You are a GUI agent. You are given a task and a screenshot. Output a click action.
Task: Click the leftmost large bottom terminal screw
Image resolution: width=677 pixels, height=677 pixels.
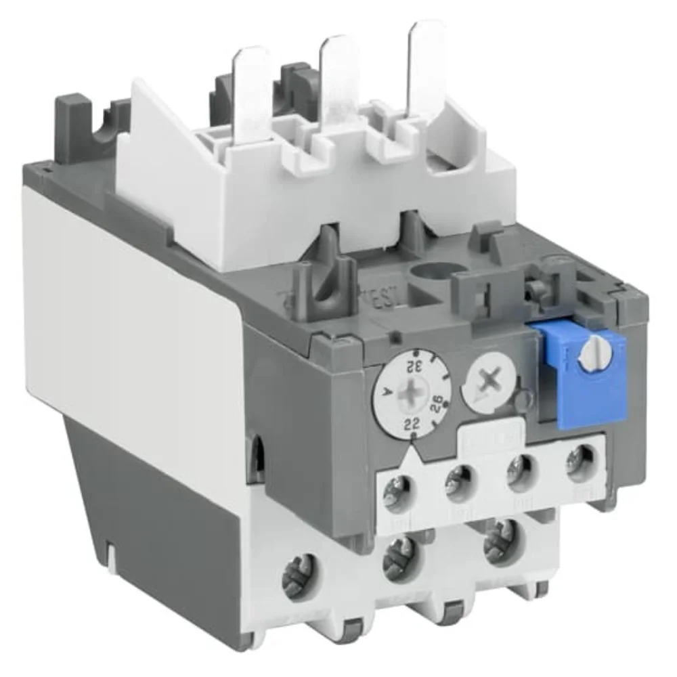click(x=303, y=565)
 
